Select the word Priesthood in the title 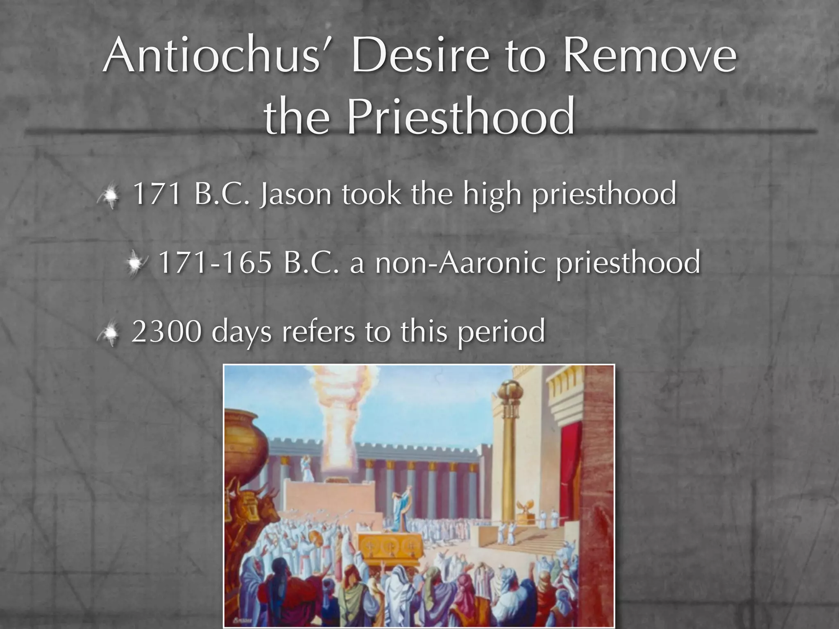coord(461,116)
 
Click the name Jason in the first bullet coord(295,194)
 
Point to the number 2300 coord(166,331)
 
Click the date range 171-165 coord(215,262)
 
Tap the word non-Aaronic coord(461,262)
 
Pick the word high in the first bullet coord(492,195)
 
